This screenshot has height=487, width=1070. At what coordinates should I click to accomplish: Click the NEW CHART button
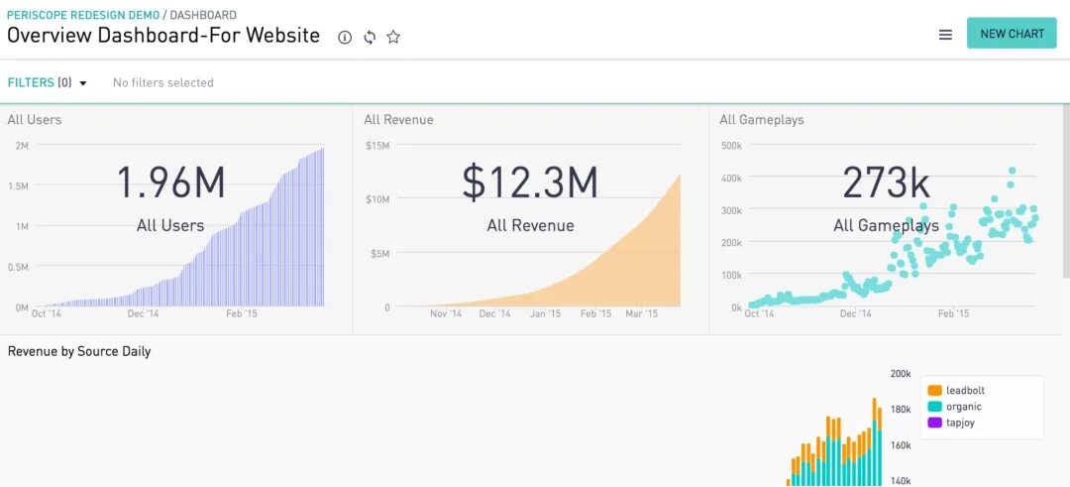pyautogui.click(x=1012, y=34)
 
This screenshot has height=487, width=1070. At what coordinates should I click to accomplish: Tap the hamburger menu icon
pyautogui.click(x=945, y=35)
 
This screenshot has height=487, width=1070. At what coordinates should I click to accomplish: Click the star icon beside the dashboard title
pyautogui.click(x=393, y=38)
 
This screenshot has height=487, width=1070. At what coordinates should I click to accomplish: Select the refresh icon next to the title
pyautogui.click(x=370, y=38)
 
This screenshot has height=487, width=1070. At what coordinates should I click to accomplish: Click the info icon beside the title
pyautogui.click(x=345, y=38)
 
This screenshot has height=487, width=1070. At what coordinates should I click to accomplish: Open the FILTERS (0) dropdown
pyautogui.click(x=48, y=82)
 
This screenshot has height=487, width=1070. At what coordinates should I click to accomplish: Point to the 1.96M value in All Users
pyautogui.click(x=170, y=183)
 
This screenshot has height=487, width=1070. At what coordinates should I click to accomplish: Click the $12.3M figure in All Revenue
pyautogui.click(x=530, y=183)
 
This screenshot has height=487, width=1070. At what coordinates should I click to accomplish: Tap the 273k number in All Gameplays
pyautogui.click(x=886, y=183)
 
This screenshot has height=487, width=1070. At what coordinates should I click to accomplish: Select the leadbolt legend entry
pyautogui.click(x=964, y=391)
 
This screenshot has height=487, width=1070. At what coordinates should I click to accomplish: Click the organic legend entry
pyautogui.click(x=963, y=407)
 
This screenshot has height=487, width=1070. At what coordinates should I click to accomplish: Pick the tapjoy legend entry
pyautogui.click(x=960, y=423)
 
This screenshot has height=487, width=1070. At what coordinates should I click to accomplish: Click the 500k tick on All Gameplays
pyautogui.click(x=731, y=146)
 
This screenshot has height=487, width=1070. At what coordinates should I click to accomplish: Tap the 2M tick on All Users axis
pyautogui.click(x=21, y=146)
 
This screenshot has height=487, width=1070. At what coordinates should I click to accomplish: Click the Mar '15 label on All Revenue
pyautogui.click(x=642, y=313)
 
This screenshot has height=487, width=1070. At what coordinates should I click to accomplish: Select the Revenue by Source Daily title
pyautogui.click(x=79, y=351)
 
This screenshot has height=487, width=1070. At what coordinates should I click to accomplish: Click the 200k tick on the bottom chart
pyautogui.click(x=900, y=374)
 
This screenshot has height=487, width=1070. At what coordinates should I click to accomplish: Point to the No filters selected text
pyautogui.click(x=163, y=82)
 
